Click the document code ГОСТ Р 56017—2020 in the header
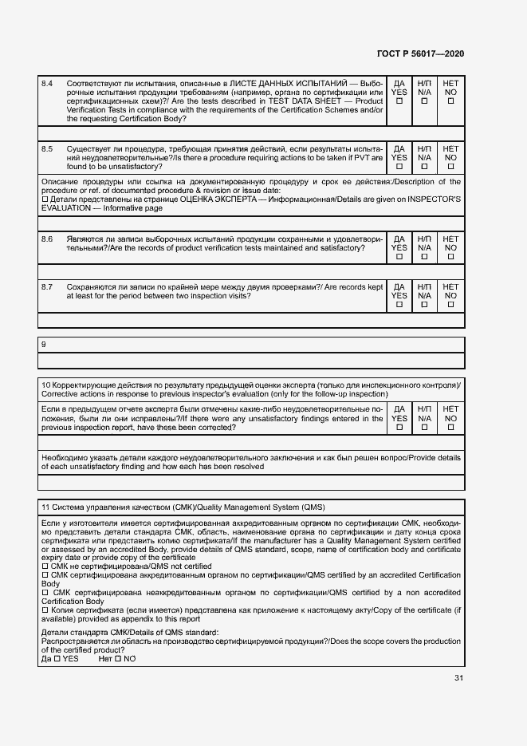click(x=420, y=53)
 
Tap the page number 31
click(x=458, y=678)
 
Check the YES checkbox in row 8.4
click(x=399, y=101)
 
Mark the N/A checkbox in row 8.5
click(x=424, y=167)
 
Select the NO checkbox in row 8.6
click(x=450, y=257)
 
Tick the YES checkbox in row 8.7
click(x=399, y=305)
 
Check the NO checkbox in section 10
click(x=450, y=427)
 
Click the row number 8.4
click(x=47, y=83)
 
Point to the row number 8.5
click(x=47, y=148)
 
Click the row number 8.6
click(x=47, y=239)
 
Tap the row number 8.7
click(x=47, y=286)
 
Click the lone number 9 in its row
click(x=43, y=344)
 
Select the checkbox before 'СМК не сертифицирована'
click(x=44, y=566)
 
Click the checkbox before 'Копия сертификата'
click(x=44, y=610)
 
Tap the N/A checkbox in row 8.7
click(x=424, y=305)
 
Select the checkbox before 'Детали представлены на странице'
click(x=44, y=199)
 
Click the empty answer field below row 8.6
click(x=251, y=272)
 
